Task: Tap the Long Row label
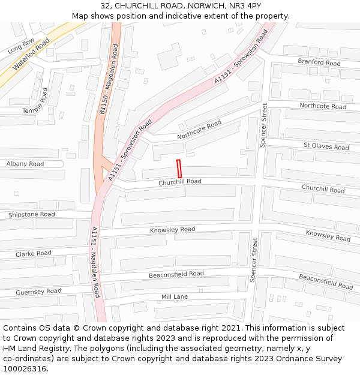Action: (21, 46)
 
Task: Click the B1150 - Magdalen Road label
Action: (109, 79)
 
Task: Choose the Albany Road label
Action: (25, 164)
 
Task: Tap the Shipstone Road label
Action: (31, 214)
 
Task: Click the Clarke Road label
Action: (34, 254)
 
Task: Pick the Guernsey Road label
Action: (38, 292)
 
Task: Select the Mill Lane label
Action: (175, 297)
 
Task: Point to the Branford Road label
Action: (319, 62)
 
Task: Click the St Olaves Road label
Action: (326, 146)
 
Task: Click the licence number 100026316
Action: (24, 369)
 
